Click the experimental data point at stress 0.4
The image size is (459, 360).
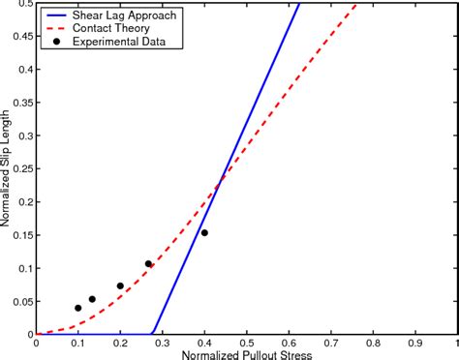[x=204, y=232]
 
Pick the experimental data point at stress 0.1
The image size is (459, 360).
[x=78, y=308]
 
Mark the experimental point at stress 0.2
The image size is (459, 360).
[x=120, y=285]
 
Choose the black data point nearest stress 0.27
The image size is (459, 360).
[x=149, y=263]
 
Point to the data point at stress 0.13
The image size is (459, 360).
[x=92, y=299]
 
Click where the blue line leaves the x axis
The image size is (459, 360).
[x=153, y=334]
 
